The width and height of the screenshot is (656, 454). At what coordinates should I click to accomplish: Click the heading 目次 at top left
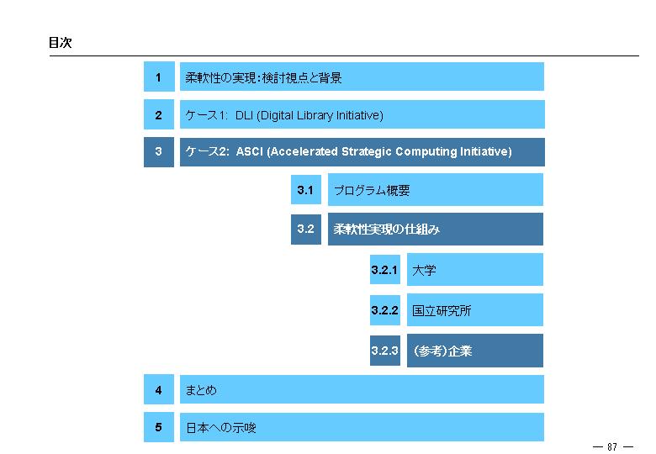(x=61, y=42)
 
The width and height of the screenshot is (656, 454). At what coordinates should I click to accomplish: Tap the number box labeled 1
(x=159, y=77)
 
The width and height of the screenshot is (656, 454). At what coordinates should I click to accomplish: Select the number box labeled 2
(x=159, y=114)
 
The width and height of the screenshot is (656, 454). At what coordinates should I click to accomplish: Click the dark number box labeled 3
(x=159, y=151)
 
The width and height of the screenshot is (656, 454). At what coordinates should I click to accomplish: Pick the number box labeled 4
(x=159, y=389)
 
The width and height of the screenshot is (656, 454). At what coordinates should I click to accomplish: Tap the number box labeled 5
(x=159, y=427)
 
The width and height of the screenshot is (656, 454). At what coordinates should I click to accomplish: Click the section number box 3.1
(x=306, y=190)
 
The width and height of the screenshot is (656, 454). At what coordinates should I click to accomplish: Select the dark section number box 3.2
(x=306, y=229)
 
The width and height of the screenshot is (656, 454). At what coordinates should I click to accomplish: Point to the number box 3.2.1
(x=385, y=269)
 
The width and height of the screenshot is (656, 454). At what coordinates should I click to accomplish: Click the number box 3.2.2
(x=385, y=309)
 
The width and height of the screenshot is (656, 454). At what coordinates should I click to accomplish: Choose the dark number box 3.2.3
(x=385, y=351)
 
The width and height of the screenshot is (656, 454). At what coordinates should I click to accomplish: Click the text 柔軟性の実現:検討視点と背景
(x=263, y=77)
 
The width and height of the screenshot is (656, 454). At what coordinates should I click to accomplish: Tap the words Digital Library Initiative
(x=320, y=115)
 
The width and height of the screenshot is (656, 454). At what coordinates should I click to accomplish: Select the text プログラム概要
(x=372, y=190)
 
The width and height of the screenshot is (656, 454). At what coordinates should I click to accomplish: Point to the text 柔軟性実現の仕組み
(x=386, y=229)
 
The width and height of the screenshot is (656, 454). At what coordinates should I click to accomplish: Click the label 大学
(x=424, y=270)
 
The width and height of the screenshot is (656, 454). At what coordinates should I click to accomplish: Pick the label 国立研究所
(x=442, y=310)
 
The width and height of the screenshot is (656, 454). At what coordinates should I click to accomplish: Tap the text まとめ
(x=201, y=390)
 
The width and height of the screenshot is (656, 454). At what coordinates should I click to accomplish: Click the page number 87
(x=612, y=446)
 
